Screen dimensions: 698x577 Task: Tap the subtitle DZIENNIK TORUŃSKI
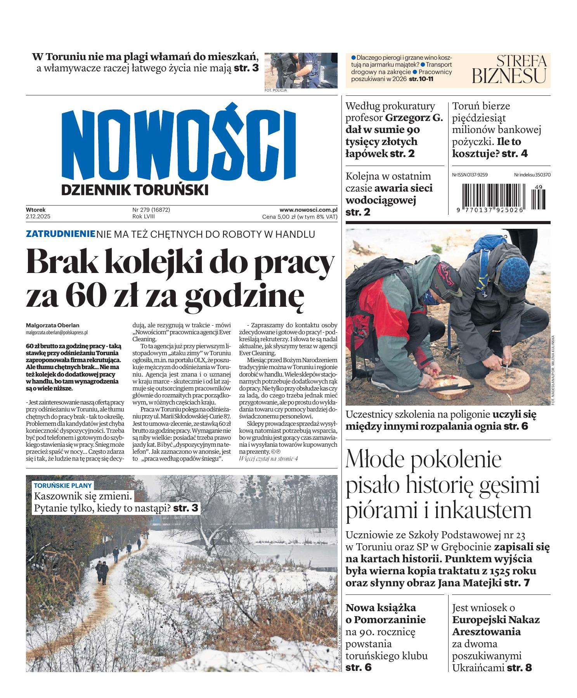[135, 190]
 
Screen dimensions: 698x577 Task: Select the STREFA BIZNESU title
[509, 69]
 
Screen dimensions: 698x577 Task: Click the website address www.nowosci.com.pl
[308, 210]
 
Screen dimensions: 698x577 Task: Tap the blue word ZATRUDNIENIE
[60, 234]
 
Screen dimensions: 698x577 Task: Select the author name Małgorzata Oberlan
[52, 325]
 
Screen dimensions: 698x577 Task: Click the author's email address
[57, 332]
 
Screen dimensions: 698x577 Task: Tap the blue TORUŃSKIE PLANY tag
[63, 485]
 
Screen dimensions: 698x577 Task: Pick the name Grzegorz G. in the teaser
[414, 117]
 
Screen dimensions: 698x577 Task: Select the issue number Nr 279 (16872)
[151, 210]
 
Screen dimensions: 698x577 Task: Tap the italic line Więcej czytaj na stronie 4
[269, 458]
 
